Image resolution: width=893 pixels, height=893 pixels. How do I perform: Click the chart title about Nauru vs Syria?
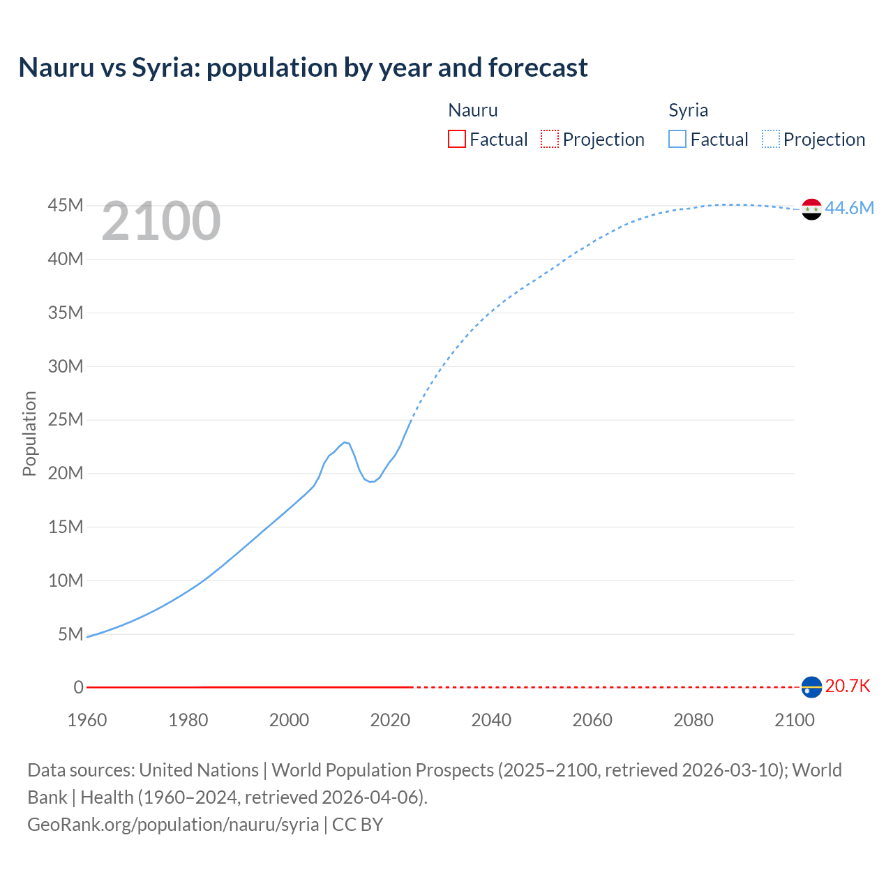click(x=303, y=68)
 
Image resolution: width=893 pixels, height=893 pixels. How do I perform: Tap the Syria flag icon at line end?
click(x=811, y=209)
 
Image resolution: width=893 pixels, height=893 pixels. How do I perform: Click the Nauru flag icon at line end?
click(x=811, y=687)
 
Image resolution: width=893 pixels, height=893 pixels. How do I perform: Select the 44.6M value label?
click(x=849, y=209)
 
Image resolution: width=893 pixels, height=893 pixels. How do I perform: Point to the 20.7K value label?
click(x=848, y=686)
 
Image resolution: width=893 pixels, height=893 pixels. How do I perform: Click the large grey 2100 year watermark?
click(x=161, y=221)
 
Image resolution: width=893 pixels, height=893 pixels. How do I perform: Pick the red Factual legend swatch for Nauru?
click(x=457, y=140)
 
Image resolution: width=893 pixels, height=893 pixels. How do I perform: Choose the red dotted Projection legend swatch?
click(x=550, y=140)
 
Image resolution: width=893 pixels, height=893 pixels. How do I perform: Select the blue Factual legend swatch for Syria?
click(x=677, y=140)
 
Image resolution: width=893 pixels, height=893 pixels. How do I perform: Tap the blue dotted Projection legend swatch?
click(x=770, y=140)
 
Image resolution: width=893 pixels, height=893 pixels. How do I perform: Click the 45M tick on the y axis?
click(x=66, y=206)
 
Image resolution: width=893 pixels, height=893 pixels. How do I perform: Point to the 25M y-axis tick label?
click(x=66, y=420)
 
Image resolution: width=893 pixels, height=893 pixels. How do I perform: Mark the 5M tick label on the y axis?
click(x=70, y=634)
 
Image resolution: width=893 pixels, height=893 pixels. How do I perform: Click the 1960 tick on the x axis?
click(x=87, y=720)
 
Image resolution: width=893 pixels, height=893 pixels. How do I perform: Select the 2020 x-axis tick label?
click(x=390, y=720)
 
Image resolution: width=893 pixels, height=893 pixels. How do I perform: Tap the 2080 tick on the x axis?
click(x=693, y=720)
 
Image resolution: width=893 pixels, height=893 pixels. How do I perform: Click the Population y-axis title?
click(x=29, y=433)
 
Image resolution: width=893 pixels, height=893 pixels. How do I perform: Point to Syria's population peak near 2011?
click(x=345, y=442)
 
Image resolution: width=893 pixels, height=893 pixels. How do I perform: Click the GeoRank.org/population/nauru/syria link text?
click(x=173, y=825)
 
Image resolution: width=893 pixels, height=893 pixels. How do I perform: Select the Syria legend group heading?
click(x=688, y=110)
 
